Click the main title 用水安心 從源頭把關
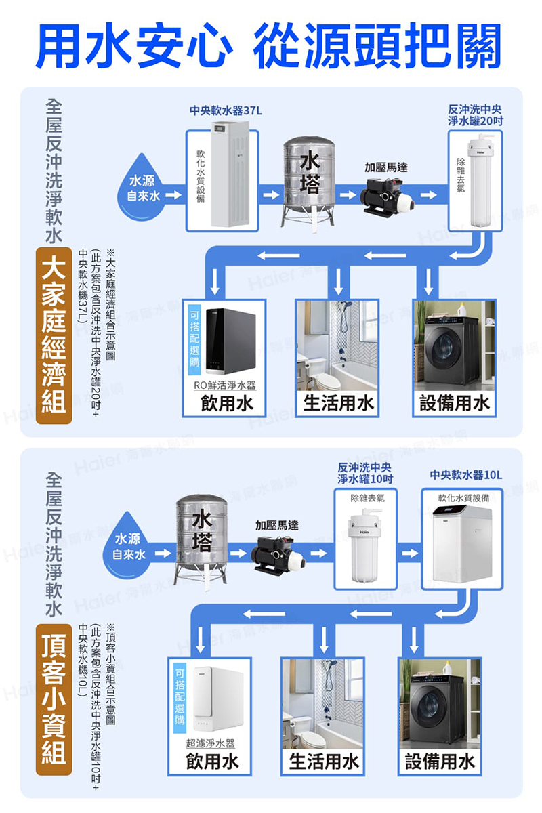[x=271, y=45]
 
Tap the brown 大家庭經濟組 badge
[x=54, y=336]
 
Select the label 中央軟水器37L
[x=224, y=110]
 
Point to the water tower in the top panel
[x=308, y=179]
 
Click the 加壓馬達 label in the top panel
[x=386, y=167]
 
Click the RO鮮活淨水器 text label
[x=224, y=385]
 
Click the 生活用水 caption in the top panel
[x=337, y=404]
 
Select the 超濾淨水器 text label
[x=210, y=744]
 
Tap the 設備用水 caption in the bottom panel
[x=440, y=762]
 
